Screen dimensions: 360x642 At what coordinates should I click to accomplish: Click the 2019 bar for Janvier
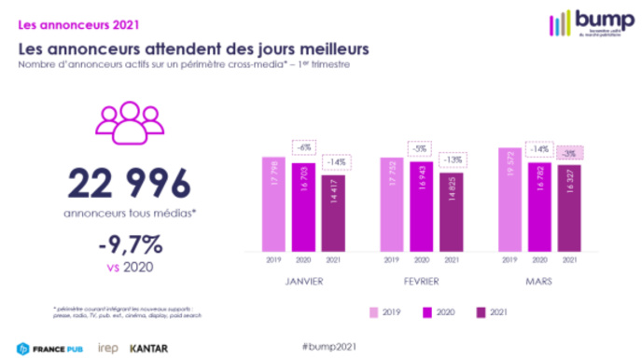click(272, 203)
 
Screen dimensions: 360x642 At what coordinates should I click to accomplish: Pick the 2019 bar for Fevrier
click(391, 203)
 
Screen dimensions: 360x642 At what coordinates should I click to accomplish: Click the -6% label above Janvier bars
click(304, 146)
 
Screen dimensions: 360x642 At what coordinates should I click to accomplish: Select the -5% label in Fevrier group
click(421, 146)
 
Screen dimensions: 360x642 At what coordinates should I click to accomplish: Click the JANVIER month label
click(304, 279)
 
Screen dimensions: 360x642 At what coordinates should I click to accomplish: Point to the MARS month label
click(539, 279)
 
